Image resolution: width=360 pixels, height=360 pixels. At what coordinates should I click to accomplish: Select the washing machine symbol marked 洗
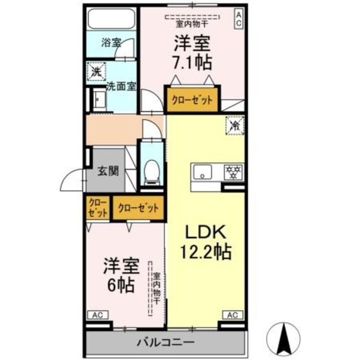[x=95, y=71]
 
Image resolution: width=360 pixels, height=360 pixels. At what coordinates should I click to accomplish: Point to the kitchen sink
[x=202, y=170]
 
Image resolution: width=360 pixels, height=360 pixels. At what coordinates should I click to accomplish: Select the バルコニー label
[x=166, y=341]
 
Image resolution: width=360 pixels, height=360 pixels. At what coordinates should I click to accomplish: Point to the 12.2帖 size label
[x=206, y=251]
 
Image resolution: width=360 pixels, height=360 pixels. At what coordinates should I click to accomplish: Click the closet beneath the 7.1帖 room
[x=192, y=100]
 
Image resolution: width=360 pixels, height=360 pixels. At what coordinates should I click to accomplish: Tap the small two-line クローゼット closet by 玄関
[x=97, y=208]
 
